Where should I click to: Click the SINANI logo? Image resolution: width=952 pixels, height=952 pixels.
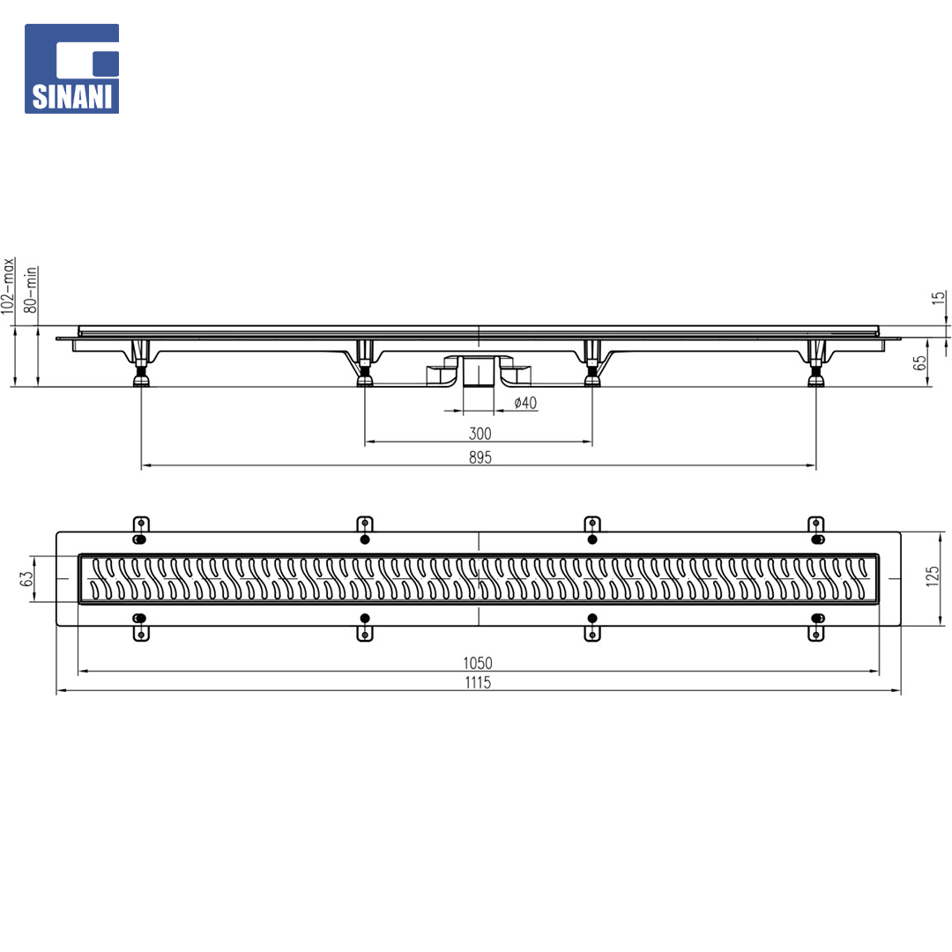click(71, 69)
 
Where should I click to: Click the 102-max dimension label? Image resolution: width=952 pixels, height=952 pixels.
click(7, 286)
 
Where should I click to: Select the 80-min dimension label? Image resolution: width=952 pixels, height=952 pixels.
click(30, 290)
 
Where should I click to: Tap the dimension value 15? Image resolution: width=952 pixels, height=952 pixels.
click(939, 299)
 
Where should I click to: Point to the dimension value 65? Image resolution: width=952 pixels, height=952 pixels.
click(920, 363)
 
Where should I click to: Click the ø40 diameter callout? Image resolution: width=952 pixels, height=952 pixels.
click(525, 403)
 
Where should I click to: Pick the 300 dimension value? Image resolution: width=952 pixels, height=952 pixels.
click(480, 434)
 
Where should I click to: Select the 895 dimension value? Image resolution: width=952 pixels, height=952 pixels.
click(480, 457)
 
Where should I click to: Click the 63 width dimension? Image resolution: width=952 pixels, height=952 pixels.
click(26, 578)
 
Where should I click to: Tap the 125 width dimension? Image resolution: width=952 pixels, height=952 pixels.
click(933, 576)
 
